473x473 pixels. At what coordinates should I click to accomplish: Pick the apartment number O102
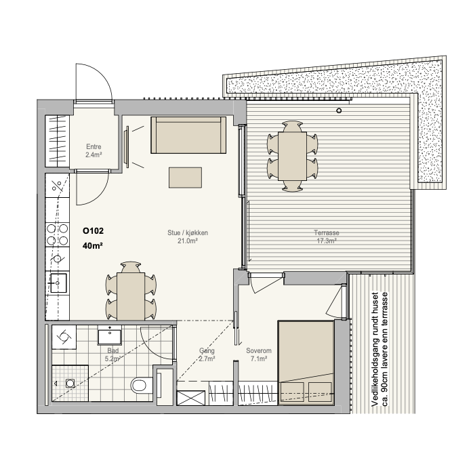coord(94,231)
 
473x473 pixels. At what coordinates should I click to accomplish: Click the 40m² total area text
coord(93,246)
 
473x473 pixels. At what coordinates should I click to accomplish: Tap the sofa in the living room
coord(188,135)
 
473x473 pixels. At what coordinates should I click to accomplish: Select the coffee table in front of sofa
coord(185,178)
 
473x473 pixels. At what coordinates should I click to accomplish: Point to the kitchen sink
coord(58,283)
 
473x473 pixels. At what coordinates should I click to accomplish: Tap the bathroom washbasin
coord(110,335)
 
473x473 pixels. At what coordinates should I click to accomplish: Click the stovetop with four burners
coord(58,234)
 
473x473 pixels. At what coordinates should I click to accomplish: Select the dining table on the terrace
coord(292,156)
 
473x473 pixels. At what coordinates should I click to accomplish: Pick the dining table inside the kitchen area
coord(131,296)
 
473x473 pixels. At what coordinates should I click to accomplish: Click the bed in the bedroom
coord(306,363)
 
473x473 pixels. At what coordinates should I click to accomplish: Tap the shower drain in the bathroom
coord(70,383)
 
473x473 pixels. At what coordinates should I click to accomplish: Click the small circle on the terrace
coord(339,110)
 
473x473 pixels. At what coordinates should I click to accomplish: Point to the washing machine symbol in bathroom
coord(64,337)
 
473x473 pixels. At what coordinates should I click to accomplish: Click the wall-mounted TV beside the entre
coord(127,146)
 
